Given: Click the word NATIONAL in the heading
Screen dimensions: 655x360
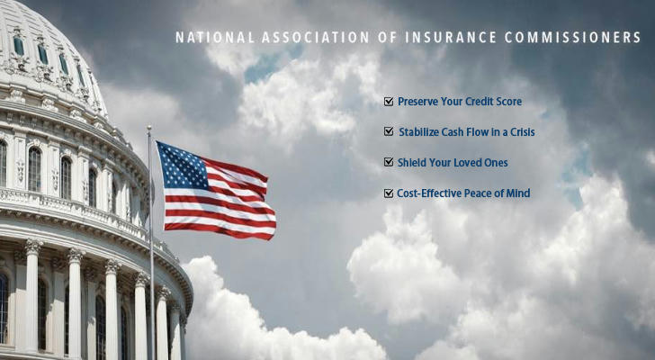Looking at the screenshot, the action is click(215, 37).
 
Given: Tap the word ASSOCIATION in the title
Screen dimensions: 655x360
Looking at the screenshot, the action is click(316, 37).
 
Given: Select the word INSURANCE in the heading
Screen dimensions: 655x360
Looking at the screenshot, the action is click(451, 37).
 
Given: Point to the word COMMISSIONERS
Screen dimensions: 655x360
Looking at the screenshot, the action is click(573, 37).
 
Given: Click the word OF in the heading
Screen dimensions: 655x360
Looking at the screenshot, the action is click(387, 37).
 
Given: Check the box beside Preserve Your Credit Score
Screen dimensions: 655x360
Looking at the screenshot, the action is click(389, 102).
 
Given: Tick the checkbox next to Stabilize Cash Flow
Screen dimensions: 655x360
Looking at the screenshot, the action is click(389, 131).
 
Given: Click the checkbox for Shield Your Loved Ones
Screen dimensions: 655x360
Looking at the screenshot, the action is click(389, 162).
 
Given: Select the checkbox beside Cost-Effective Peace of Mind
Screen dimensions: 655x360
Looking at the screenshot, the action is click(389, 193).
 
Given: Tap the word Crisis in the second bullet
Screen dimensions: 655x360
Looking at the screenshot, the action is click(523, 132).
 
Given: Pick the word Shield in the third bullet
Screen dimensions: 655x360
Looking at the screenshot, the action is click(411, 163).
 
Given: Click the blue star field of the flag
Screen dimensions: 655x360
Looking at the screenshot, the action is click(183, 166).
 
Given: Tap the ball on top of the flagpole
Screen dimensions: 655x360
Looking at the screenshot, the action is click(149, 128).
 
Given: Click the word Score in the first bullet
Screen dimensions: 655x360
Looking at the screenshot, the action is click(509, 102).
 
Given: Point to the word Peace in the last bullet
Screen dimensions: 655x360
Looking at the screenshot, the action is click(475, 193).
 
